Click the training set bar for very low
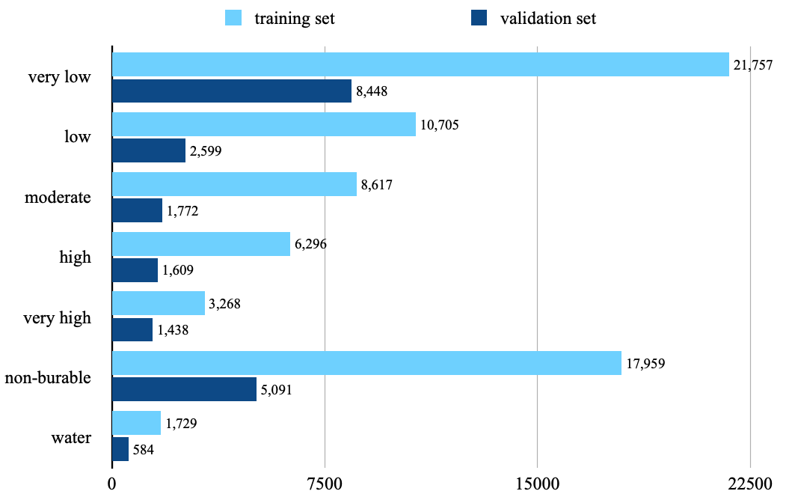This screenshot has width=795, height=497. pos(420,64)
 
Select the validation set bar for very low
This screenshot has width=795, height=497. pos(232,91)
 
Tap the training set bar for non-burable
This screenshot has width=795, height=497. pos(366,363)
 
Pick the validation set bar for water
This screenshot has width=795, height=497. pos(120,450)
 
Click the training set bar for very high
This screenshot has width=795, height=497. pos(159,303)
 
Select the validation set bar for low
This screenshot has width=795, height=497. pos(149,150)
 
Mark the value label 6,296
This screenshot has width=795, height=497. pos(314,244)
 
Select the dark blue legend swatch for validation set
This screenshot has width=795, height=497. pos(479,19)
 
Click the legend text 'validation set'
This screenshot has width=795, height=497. pos(548,19)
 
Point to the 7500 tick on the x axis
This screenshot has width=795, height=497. pos(325,483)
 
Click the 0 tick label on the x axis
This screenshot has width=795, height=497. pos(112,483)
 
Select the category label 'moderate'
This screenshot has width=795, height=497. pos(58,198)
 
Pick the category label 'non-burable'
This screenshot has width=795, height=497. pos(48,377)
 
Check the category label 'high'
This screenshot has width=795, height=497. pos(75,257)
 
